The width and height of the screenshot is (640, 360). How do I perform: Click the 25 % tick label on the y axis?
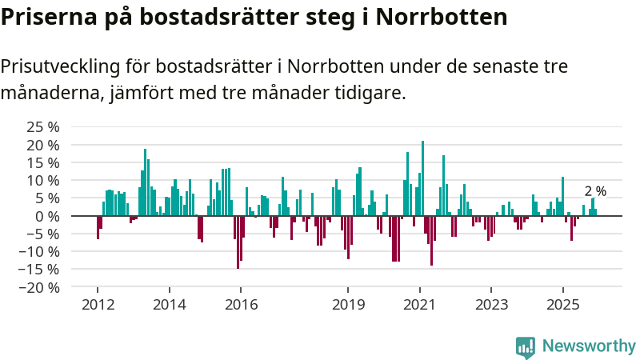[x=43, y=127]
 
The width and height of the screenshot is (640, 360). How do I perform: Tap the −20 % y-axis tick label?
[x=40, y=287]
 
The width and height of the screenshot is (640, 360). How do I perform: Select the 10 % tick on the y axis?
[x=43, y=181]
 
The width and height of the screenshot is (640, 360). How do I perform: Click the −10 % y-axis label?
[x=40, y=251]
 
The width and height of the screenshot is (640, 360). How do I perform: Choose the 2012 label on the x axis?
[x=98, y=305]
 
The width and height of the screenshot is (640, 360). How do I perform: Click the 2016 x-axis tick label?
[x=241, y=305]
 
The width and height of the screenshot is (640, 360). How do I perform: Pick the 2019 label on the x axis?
[x=348, y=305]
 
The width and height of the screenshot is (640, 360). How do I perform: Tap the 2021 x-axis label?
[x=420, y=305]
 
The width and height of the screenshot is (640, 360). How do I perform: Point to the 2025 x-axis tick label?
[x=563, y=305]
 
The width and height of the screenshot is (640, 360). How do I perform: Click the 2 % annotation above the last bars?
[x=595, y=192]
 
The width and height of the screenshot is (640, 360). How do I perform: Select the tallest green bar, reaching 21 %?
[x=422, y=178]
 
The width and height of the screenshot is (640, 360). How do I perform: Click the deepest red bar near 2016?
[x=238, y=242]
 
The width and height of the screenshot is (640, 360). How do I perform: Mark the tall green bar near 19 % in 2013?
[x=145, y=182]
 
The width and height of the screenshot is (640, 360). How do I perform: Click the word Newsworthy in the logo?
[x=589, y=346]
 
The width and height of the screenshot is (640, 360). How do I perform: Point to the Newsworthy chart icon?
[x=526, y=346]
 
